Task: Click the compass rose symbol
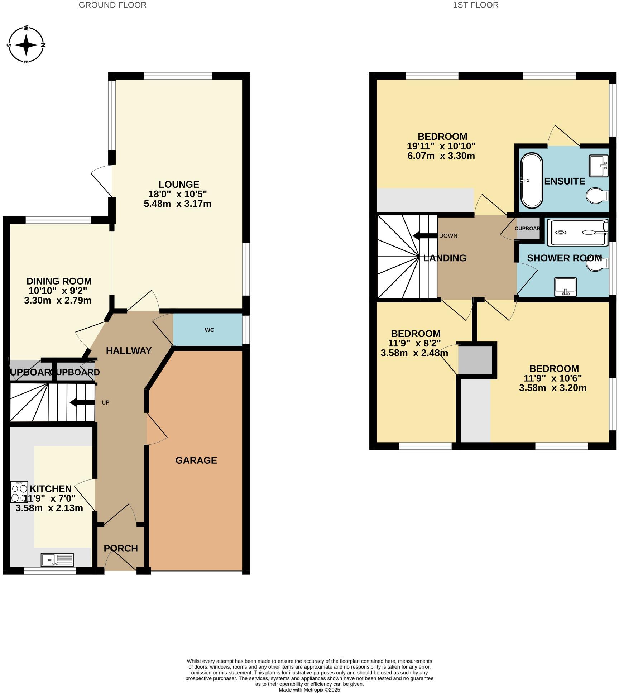click(26, 45)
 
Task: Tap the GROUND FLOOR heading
click(112, 5)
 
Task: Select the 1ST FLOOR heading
click(475, 5)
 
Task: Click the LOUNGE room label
click(179, 185)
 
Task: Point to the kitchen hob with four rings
click(19, 492)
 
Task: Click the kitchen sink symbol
click(57, 559)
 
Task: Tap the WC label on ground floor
click(210, 330)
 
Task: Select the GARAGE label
click(196, 460)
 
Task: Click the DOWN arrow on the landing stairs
click(425, 236)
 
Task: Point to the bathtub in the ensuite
click(532, 181)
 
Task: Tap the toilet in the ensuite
click(598, 196)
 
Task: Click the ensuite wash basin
click(599, 166)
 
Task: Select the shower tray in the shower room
click(578, 232)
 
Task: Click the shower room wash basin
click(565, 287)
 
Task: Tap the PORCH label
click(121, 549)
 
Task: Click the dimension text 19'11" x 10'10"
click(441, 146)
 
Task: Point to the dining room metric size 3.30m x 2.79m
click(58, 300)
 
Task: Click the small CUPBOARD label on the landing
click(527, 229)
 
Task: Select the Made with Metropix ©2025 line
click(309, 689)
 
